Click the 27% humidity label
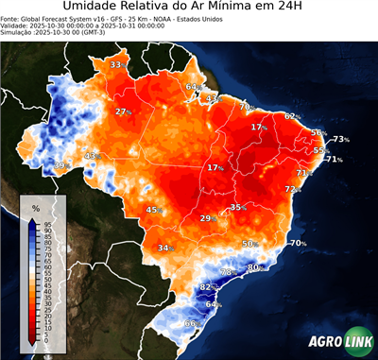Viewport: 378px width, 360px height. [x=123, y=111]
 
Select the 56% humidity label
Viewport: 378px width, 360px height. [x=318, y=133]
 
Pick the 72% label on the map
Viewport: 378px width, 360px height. [x=293, y=189]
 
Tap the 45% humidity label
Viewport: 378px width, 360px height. [x=154, y=210]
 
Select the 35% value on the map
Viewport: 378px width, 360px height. [x=237, y=207]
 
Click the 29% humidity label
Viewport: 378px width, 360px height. [x=207, y=218]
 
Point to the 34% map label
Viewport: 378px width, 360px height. [x=165, y=248]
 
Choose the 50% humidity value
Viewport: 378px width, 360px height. [x=250, y=244]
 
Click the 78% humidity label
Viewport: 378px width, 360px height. [x=228, y=272]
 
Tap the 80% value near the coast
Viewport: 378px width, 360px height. [x=254, y=268]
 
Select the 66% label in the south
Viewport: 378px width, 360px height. [x=192, y=323]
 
